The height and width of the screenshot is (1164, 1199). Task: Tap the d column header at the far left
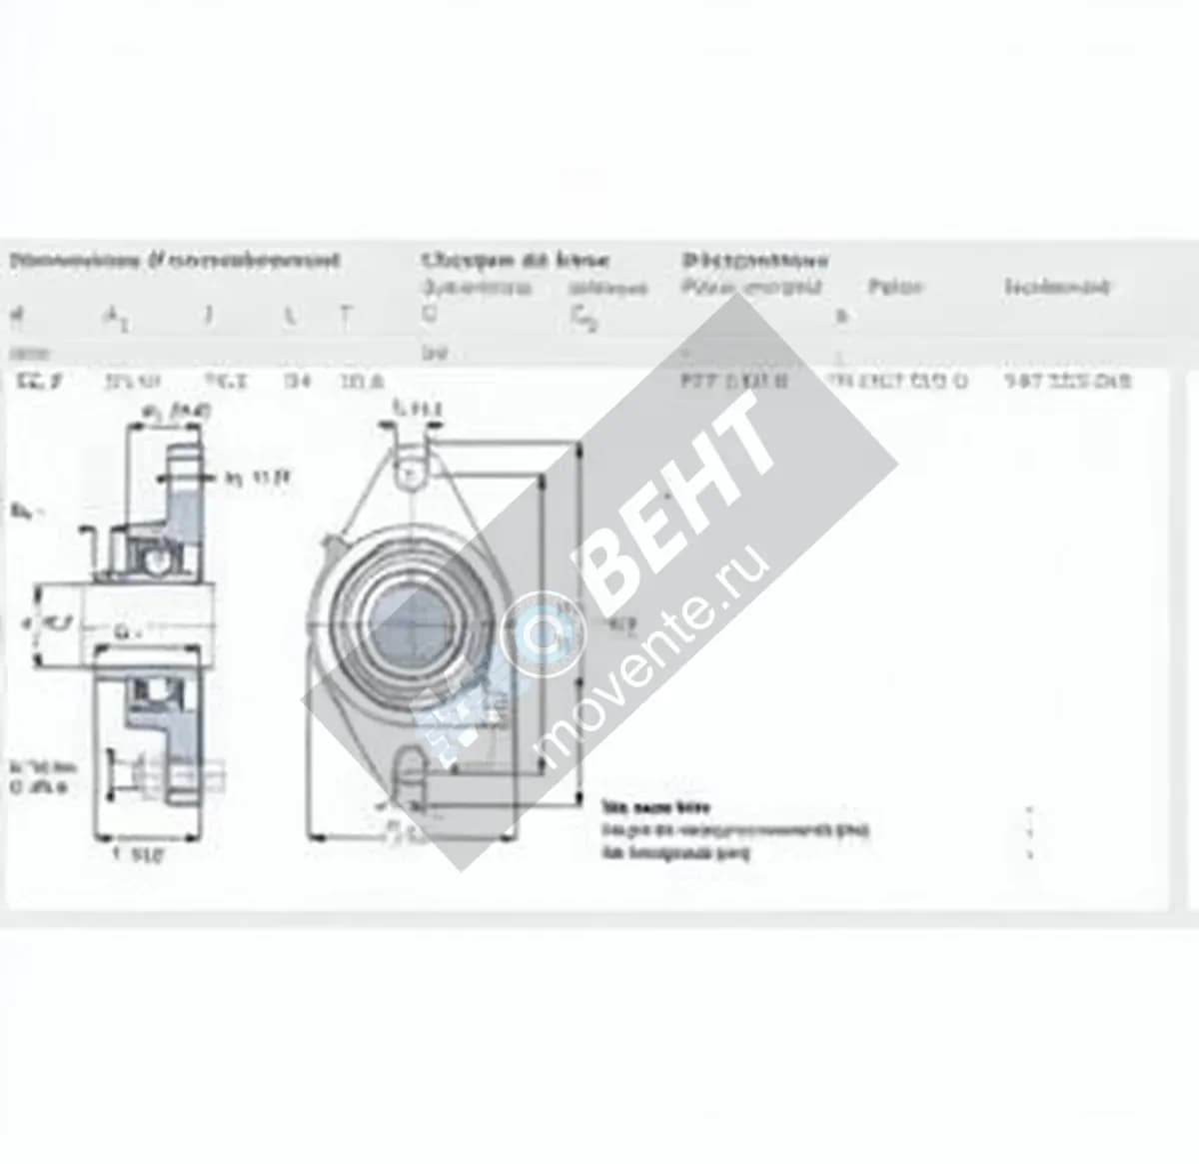(x=15, y=317)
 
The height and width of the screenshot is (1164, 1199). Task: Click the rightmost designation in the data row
(x=1067, y=381)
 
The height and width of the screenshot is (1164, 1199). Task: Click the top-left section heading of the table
(x=174, y=261)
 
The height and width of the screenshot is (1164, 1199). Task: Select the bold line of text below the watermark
(x=655, y=807)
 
